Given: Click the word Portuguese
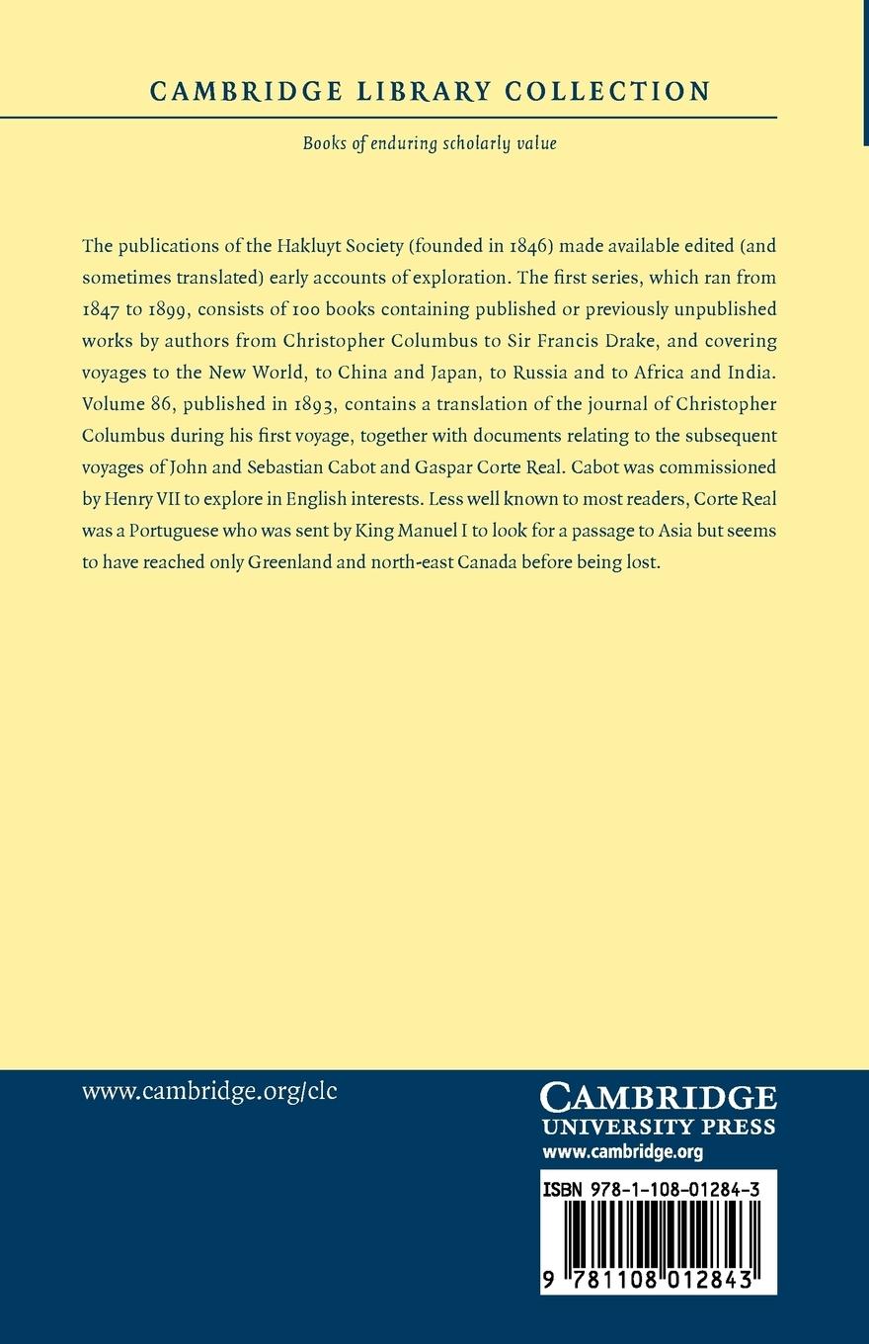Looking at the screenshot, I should (x=169, y=532).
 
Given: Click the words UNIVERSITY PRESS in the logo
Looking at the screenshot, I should (x=659, y=1128).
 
